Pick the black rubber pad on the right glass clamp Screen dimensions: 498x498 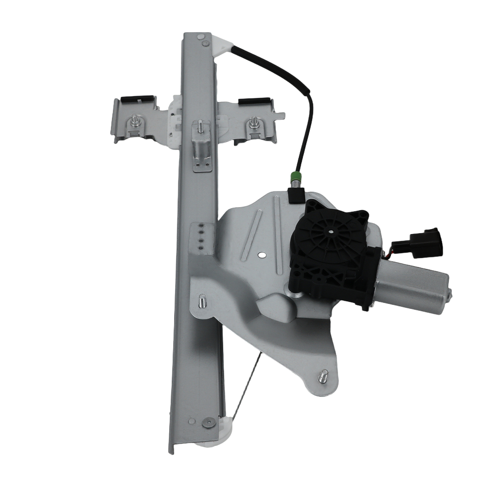pos(255,101)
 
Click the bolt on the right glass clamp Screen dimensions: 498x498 pos(254,123)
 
